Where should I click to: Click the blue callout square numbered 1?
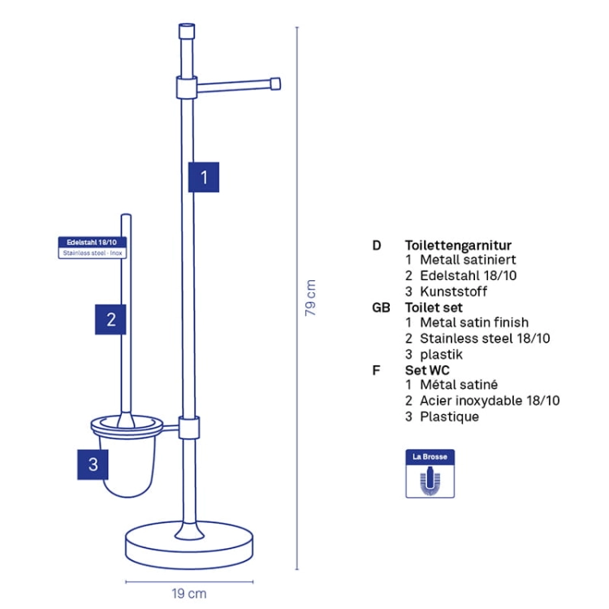coord(204,177)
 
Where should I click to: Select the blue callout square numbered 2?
coord(110,319)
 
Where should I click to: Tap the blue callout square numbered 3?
coord(93,464)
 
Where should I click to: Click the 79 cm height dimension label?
coord(310,297)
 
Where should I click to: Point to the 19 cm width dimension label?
coord(189,594)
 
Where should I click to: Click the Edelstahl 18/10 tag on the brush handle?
coord(93,248)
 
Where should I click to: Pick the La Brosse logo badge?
coord(430,473)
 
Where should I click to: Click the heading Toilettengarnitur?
coord(458,245)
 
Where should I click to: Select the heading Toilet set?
coord(434,308)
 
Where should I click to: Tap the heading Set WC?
coord(427,370)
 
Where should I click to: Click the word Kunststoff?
coord(454,292)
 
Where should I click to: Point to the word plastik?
coord(441,354)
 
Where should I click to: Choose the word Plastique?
coord(449,417)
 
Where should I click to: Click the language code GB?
coord(381,308)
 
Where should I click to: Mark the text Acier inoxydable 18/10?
coord(490,400)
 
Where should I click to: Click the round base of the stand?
coord(189,546)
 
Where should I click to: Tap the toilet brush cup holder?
coord(127,456)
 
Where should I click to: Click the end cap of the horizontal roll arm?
coord(275,84)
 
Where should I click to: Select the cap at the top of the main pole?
coord(187,31)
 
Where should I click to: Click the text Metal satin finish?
coord(474,322)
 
